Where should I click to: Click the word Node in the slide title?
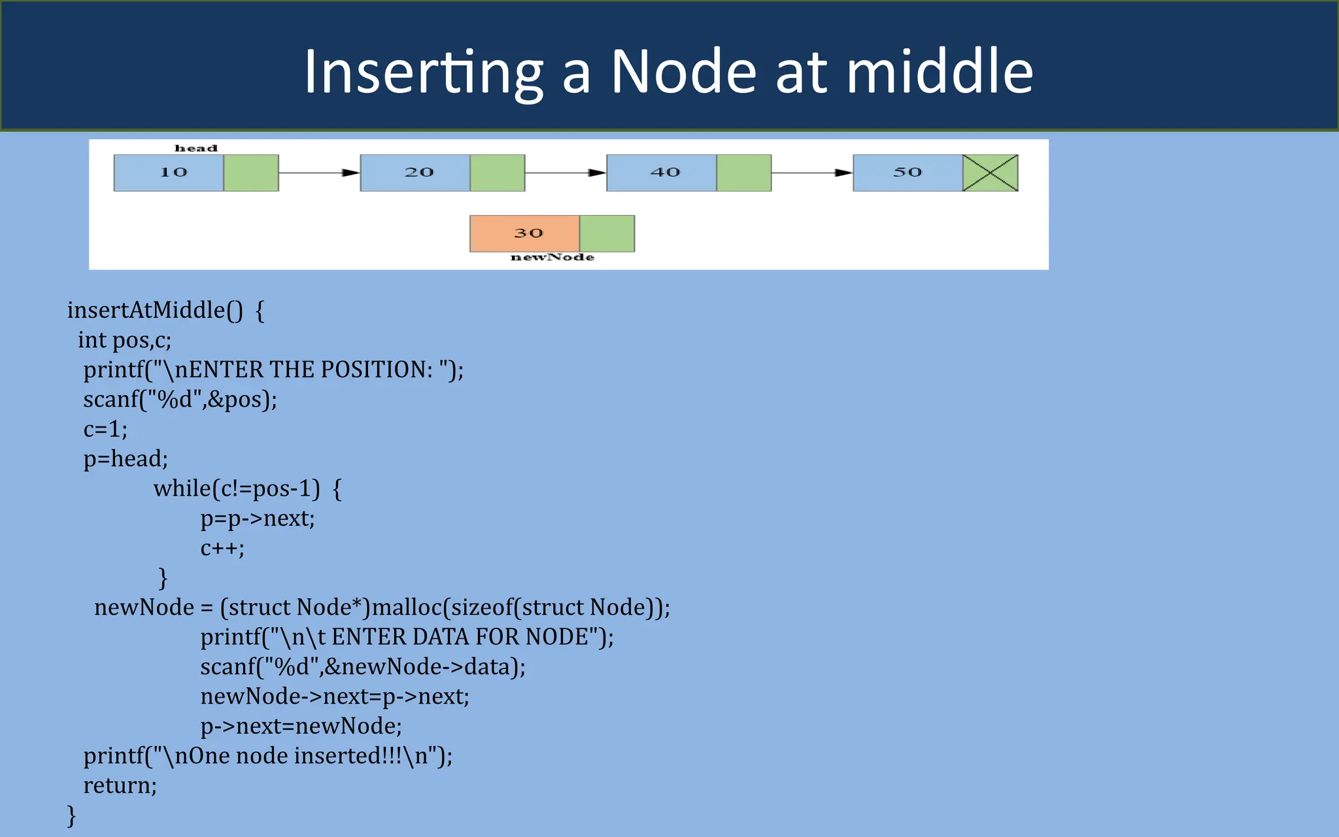(x=683, y=72)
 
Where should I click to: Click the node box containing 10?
(x=169, y=173)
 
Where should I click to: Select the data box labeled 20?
(x=415, y=173)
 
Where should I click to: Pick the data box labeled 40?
(x=662, y=173)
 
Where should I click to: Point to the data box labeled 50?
(x=907, y=173)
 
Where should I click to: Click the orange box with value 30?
(x=524, y=233)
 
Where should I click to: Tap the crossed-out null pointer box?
(x=991, y=173)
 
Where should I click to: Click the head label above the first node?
(x=195, y=148)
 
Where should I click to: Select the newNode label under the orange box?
(x=552, y=258)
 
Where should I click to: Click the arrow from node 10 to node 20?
(x=319, y=173)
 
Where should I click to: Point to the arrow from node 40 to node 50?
(x=812, y=173)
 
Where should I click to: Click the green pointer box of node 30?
(x=607, y=233)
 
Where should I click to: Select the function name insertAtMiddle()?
(x=155, y=310)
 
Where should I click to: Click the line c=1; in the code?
(x=105, y=429)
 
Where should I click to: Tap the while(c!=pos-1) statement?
(x=237, y=488)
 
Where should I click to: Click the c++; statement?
(x=222, y=548)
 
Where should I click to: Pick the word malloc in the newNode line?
(x=407, y=607)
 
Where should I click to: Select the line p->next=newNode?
(x=301, y=726)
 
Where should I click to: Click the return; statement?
(x=120, y=785)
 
